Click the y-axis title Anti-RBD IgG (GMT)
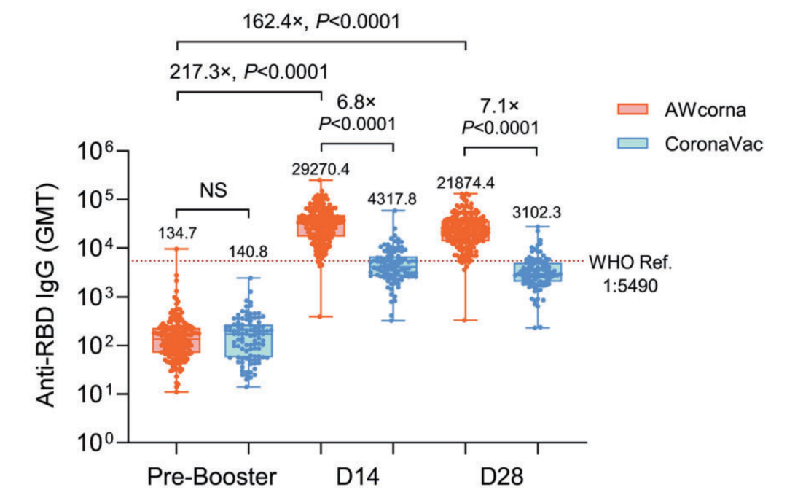pyautogui.click(x=50, y=295)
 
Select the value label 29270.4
pyautogui.click(x=321, y=169)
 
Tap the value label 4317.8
pyautogui.click(x=393, y=198)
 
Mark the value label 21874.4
pyautogui.click(x=465, y=182)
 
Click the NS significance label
pyautogui.click(x=213, y=191)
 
